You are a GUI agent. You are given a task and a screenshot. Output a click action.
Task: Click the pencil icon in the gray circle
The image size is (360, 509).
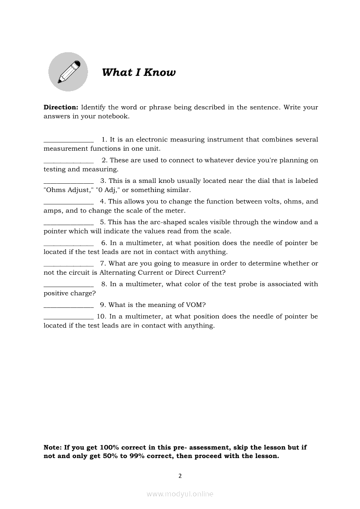(68, 72)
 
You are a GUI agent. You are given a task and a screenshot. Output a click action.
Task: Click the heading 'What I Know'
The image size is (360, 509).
(139, 72)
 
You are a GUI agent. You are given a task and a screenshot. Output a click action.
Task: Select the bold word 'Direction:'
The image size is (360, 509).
(61, 107)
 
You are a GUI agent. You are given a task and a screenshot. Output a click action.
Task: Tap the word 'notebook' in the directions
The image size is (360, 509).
(114, 116)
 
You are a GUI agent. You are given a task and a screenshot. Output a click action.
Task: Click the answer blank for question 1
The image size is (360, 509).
(68, 140)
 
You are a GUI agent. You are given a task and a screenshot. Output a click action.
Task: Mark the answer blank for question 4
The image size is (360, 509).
(68, 202)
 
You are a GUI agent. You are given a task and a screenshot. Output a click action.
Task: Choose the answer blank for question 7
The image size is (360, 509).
(68, 264)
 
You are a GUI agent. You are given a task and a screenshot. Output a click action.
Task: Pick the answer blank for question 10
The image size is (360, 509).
(68, 317)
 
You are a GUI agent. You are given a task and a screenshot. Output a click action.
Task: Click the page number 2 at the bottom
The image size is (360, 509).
(180, 475)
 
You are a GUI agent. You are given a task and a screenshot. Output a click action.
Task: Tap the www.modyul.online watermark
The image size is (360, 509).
(180, 494)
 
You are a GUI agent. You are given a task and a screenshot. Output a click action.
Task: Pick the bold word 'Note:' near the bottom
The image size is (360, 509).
(53, 447)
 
